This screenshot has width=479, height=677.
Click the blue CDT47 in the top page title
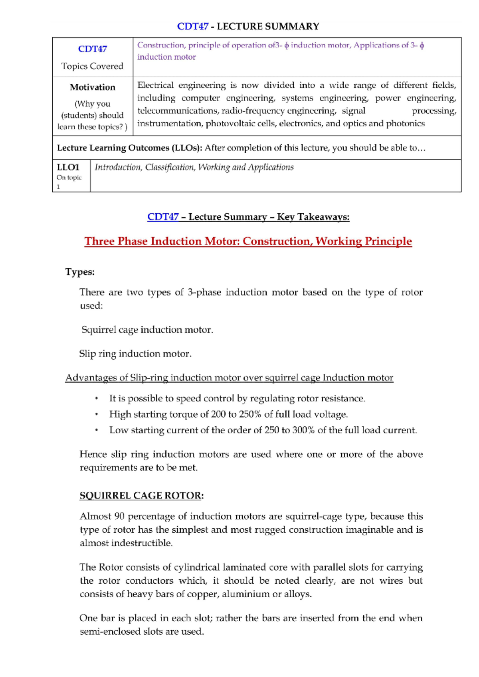point(192,26)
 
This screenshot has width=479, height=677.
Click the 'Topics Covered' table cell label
point(92,66)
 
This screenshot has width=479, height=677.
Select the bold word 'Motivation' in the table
point(93,87)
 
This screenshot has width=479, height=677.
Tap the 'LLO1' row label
point(68,167)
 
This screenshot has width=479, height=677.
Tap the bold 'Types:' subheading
point(80,272)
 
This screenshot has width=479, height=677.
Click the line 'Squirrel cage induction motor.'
point(147,330)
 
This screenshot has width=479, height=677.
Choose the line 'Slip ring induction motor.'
point(135,354)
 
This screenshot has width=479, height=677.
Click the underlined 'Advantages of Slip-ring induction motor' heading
point(229,378)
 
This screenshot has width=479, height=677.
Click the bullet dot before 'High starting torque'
point(96,415)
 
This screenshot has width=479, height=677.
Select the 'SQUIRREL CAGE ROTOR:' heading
point(142,496)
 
